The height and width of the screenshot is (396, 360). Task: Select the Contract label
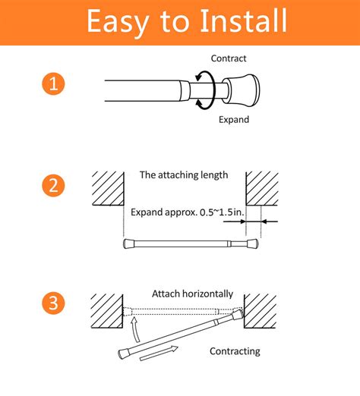(229, 58)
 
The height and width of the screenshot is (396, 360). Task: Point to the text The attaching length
(184, 174)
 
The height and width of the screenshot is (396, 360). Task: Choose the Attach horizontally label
(197, 293)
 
